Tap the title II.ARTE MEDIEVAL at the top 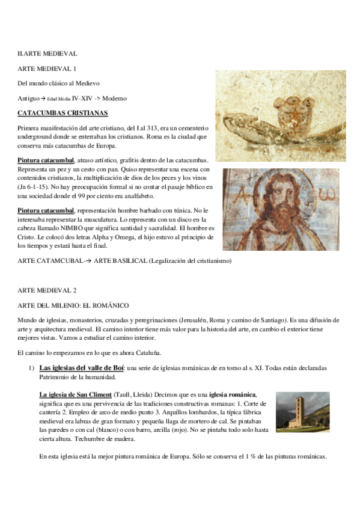click(47, 54)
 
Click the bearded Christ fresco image click(281, 209)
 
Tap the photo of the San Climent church click(304, 412)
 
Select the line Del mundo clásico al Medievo click(58, 83)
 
